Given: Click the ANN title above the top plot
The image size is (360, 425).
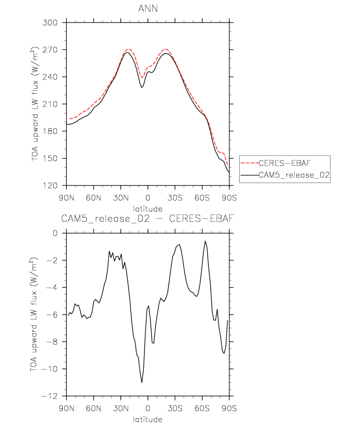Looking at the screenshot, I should [148, 8].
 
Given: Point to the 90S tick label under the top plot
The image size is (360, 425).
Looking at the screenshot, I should [229, 198].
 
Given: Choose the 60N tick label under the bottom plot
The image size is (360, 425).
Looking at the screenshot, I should [93, 408].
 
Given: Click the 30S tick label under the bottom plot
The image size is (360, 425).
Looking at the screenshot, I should [175, 408].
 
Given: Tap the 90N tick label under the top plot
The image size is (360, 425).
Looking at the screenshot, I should [66, 198].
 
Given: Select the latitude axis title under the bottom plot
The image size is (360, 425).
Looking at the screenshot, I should [147, 420].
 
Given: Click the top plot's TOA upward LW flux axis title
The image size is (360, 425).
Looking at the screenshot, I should [34, 104].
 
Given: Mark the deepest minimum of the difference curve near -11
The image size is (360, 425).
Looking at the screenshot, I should [142, 382].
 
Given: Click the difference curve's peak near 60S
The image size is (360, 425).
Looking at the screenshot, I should [205, 241].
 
